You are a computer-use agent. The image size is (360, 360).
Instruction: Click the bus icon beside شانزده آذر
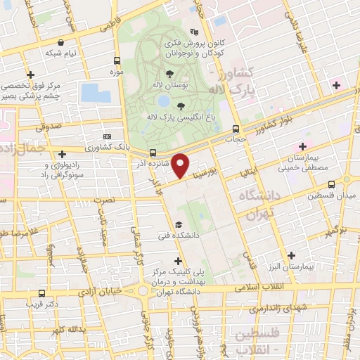[x=153, y=152]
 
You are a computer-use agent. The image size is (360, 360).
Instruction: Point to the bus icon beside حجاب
[x=236, y=129]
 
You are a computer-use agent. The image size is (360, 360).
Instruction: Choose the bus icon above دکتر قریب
[x=42, y=293]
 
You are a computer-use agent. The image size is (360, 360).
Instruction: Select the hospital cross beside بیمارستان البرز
[x=290, y=256]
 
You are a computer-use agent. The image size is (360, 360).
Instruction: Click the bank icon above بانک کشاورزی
[x=106, y=136]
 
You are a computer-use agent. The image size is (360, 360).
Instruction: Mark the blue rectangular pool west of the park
[x=91, y=93]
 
